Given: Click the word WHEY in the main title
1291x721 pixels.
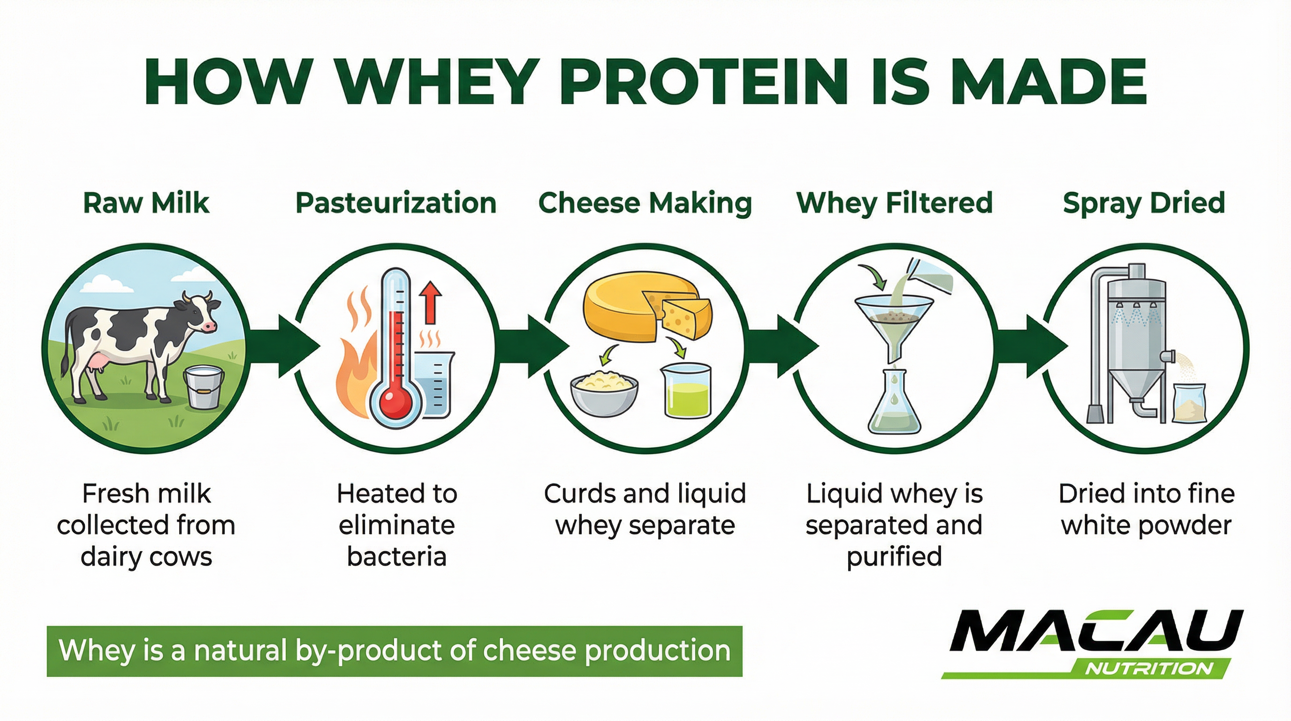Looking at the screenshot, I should (x=436, y=82).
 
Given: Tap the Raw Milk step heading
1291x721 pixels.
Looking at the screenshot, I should (x=146, y=203).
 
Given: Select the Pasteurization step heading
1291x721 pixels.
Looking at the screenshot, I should (x=396, y=203).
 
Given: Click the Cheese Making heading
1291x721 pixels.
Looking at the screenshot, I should (x=645, y=203).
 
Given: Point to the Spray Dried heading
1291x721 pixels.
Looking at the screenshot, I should (x=1144, y=203).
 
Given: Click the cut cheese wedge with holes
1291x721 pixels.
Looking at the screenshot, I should (x=684, y=316).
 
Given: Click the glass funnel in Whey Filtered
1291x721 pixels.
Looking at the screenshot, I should (x=894, y=321).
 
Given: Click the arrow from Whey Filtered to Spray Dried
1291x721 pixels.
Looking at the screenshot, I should (x=1033, y=346).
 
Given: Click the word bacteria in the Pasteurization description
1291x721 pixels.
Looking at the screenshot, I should (x=396, y=557).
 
